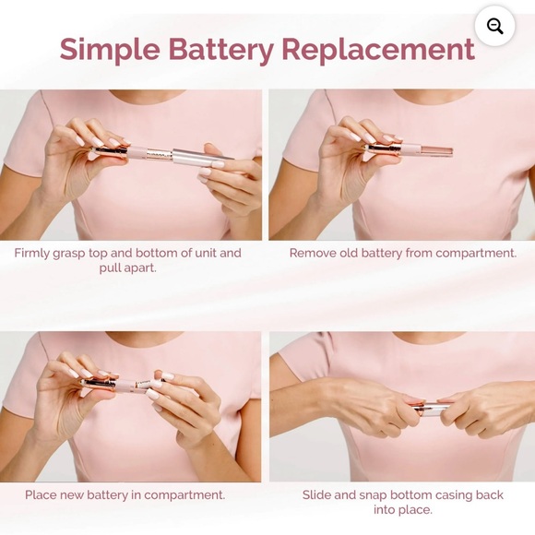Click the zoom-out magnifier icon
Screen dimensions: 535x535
(494, 26)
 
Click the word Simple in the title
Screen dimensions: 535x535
(110, 50)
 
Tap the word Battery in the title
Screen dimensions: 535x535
(220, 50)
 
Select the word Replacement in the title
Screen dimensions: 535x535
(378, 49)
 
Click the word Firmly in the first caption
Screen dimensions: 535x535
(32, 253)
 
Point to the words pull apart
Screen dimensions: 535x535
(127, 268)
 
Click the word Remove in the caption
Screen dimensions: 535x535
(312, 253)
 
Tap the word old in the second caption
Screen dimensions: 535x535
(348, 253)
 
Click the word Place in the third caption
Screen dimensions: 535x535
(41, 494)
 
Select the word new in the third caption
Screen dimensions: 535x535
(72, 495)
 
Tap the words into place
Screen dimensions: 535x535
(402, 510)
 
